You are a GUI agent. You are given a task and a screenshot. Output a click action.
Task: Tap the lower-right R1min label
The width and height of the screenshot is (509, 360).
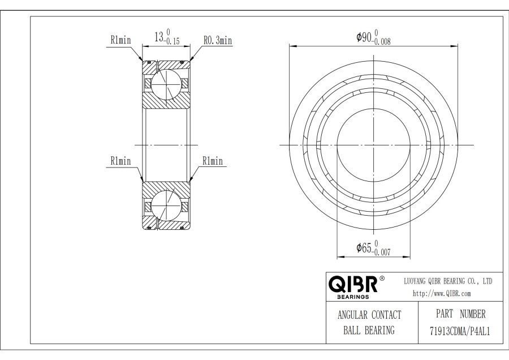click(213, 161)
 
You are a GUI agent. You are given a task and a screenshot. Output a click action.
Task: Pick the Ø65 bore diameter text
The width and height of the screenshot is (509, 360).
click(365, 248)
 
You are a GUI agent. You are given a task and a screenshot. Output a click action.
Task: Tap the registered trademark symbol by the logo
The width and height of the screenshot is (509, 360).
click(382, 278)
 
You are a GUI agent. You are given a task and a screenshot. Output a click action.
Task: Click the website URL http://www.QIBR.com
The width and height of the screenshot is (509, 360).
click(442, 294)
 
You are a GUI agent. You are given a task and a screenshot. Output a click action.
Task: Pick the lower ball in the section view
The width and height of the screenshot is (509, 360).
click(165, 207)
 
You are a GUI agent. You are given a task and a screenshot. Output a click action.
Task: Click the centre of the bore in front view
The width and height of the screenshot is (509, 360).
click(373, 145)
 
